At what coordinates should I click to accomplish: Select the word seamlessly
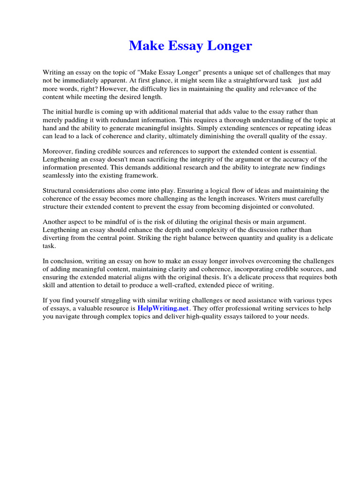(x=60, y=175)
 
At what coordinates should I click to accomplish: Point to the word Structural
(x=59, y=191)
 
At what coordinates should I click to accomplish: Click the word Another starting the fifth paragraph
(x=56, y=222)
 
